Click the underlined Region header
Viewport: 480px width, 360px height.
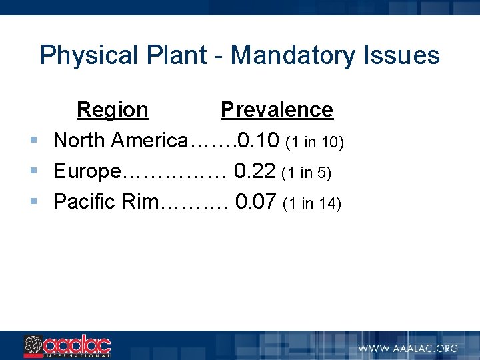point(113,110)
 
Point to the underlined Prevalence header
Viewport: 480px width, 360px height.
point(277,110)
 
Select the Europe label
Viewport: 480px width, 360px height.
point(87,171)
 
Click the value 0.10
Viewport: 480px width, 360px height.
point(259,141)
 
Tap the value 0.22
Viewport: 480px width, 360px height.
point(255,171)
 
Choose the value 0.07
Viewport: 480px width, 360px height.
point(256,201)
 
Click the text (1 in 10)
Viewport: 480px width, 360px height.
point(314,142)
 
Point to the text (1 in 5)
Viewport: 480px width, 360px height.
point(307,173)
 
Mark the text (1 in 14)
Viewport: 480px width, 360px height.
point(312,203)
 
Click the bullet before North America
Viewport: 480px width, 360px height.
point(33,141)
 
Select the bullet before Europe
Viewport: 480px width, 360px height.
point(33,171)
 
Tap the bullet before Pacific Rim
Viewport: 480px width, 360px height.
point(33,201)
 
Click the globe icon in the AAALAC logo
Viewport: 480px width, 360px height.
point(33,346)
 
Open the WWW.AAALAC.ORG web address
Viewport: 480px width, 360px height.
point(407,348)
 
